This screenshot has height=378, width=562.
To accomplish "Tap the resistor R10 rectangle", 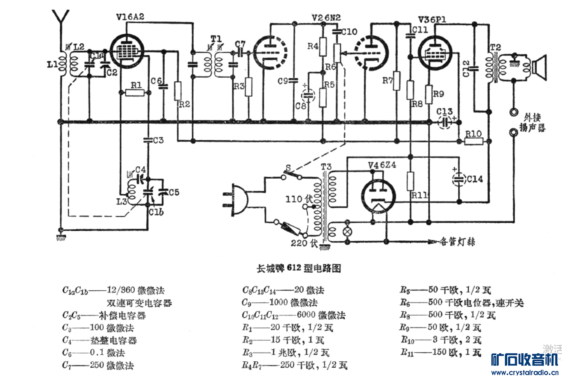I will click(x=473, y=142).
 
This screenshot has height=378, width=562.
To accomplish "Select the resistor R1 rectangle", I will click(x=135, y=93).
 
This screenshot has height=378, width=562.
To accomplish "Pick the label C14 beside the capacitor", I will click(x=475, y=179).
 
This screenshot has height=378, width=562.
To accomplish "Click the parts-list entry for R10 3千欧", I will click(x=441, y=340).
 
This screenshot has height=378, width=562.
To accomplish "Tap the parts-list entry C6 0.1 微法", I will click(x=98, y=353).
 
